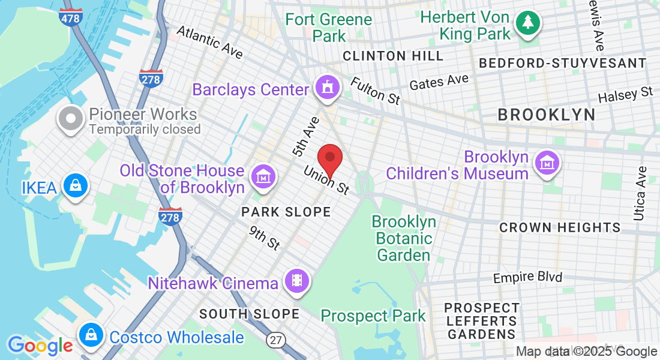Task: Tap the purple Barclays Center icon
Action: click(x=328, y=88)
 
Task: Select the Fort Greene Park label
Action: click(x=329, y=27)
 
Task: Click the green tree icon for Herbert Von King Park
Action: click(x=527, y=23)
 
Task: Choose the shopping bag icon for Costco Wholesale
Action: click(x=91, y=335)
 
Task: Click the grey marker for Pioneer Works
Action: click(x=71, y=118)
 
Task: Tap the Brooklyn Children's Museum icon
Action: click(x=547, y=162)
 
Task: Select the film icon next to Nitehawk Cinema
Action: click(x=296, y=280)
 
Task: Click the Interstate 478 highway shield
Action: click(x=71, y=17)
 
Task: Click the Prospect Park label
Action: click(x=373, y=316)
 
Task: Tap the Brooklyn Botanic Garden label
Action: click(x=404, y=238)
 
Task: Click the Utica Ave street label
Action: click(x=640, y=193)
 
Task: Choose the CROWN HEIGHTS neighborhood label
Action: click(x=560, y=227)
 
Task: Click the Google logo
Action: click(x=40, y=346)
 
